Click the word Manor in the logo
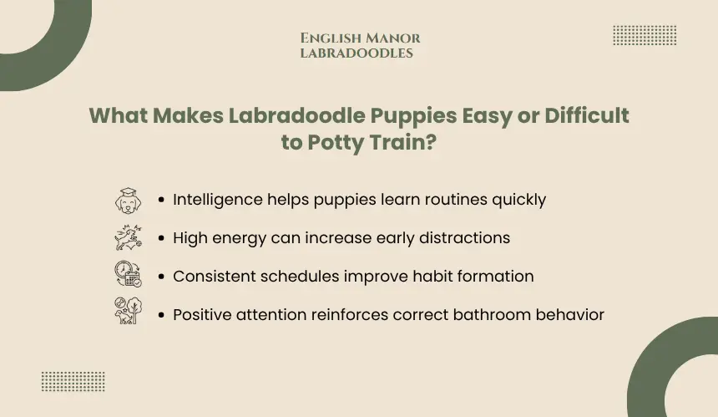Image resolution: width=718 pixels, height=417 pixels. click(x=393, y=38)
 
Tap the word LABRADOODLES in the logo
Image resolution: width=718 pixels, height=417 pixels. click(x=356, y=53)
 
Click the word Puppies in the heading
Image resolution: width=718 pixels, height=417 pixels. click(x=413, y=116)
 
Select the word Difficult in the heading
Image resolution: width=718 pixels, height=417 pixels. click(x=587, y=115)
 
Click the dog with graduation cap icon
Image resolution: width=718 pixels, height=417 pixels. click(x=129, y=201)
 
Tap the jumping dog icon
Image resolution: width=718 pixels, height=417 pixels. click(x=129, y=237)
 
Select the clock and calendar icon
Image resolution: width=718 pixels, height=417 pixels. click(x=129, y=274)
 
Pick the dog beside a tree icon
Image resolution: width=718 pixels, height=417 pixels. click(x=129, y=311)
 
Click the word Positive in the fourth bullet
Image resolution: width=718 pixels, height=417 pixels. click(x=202, y=315)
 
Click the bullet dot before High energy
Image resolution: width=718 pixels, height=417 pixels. click(x=161, y=238)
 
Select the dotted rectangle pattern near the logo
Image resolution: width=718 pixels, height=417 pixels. click(x=645, y=35)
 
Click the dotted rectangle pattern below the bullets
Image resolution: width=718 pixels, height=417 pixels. click(x=73, y=382)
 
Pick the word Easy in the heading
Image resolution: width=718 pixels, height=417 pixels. click(x=487, y=116)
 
